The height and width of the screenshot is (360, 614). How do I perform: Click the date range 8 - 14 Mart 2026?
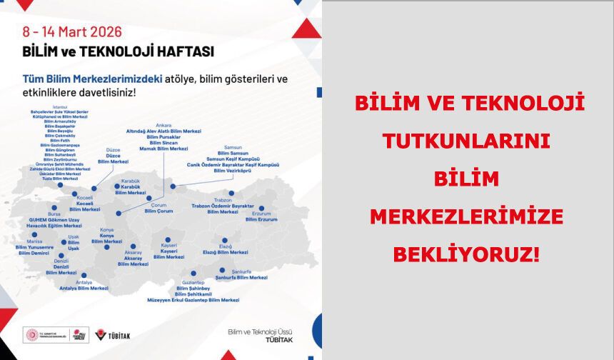click(x=71, y=32)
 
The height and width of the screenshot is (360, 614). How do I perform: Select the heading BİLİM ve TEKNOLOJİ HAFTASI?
click(x=119, y=51)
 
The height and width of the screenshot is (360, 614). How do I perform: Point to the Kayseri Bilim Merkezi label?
click(x=168, y=256)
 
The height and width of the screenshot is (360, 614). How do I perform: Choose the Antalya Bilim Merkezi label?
click(x=84, y=288)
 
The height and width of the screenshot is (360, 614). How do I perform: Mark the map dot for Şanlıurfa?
click(x=223, y=271)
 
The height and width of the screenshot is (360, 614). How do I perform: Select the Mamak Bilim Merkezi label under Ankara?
click(x=163, y=149)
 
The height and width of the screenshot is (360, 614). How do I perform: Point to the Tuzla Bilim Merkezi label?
click(x=60, y=178)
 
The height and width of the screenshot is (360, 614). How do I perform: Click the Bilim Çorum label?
click(x=158, y=211)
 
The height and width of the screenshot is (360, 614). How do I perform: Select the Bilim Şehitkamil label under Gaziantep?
click(x=195, y=294)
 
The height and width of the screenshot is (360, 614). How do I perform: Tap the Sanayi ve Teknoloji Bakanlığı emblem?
click(x=32, y=335)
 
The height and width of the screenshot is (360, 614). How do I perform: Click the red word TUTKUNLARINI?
click(x=470, y=141)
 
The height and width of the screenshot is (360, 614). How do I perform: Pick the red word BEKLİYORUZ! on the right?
click(x=470, y=253)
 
